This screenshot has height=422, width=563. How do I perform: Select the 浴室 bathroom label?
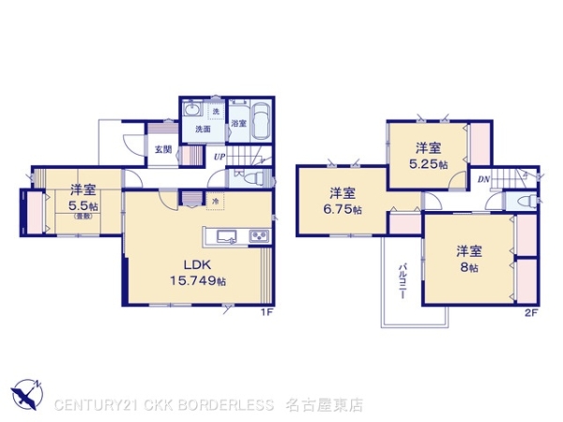[238, 123]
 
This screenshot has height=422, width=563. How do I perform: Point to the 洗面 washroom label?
[203, 129]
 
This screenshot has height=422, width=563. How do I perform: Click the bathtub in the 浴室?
[261, 121]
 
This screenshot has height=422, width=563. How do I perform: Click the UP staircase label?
[220, 156]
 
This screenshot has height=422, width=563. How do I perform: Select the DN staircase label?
[482, 178]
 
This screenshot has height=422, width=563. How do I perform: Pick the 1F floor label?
[266, 312]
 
